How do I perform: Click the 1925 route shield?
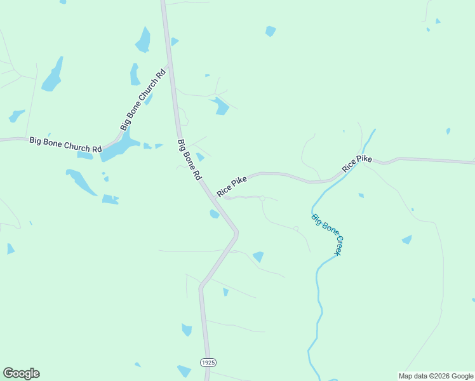208,362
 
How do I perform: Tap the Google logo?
21,373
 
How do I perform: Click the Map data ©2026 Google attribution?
436,376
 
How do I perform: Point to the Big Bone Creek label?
327,235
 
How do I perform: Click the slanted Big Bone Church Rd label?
143,100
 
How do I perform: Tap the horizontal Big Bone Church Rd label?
65,144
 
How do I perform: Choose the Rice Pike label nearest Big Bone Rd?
232,187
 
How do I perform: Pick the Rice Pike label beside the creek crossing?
357,163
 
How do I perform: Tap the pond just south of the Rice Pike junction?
215,214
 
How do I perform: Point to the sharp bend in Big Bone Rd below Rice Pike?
236,234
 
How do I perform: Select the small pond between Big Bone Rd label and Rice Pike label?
200,157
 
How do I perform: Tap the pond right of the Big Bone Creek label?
406,239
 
